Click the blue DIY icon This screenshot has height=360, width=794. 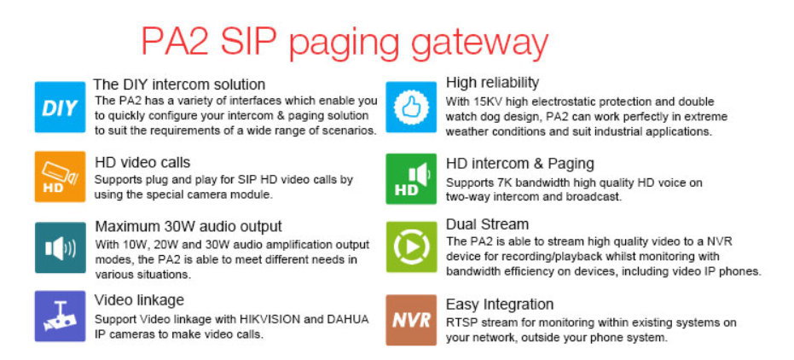pyautogui.click(x=60, y=107)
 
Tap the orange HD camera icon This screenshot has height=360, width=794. pyautogui.click(x=60, y=177)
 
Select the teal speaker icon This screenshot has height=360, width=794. pyautogui.click(x=60, y=247)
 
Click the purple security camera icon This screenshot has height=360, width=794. pyautogui.click(x=60, y=316)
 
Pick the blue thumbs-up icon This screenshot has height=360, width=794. pyautogui.click(x=411, y=107)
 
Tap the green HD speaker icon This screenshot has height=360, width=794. pyautogui.click(x=411, y=179)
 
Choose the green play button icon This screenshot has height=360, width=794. pyautogui.click(x=411, y=247)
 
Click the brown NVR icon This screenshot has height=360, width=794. pyautogui.click(x=411, y=320)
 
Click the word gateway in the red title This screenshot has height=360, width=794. pyautogui.click(x=479, y=44)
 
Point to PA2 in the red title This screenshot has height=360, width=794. pyautogui.click(x=175, y=42)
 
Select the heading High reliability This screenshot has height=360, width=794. pyautogui.click(x=492, y=83)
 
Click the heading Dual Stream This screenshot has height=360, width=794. pyautogui.click(x=487, y=224)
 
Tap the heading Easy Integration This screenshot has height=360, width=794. pyautogui.click(x=499, y=305)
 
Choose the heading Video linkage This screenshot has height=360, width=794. pyautogui.click(x=139, y=300)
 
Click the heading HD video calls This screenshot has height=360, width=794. pyautogui.click(x=142, y=163)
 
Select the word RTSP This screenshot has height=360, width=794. pyautogui.click(x=460, y=322)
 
